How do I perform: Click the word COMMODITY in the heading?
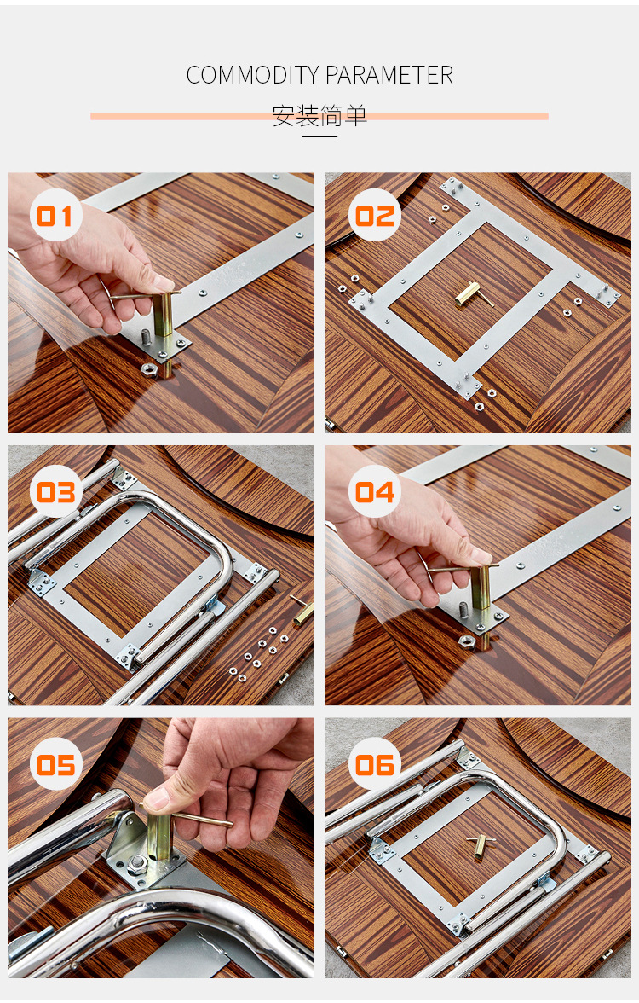click(252, 75)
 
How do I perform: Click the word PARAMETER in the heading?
click(389, 75)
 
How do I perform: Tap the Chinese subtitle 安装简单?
click(319, 116)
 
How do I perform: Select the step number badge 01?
click(55, 216)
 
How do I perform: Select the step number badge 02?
click(375, 216)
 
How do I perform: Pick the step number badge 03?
click(55, 492)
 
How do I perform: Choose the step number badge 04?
click(375, 492)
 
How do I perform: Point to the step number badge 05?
click(55, 764)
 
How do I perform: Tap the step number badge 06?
click(375, 764)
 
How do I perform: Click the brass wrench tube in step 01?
click(162, 315)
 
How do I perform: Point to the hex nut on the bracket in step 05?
click(136, 865)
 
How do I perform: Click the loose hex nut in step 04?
click(467, 641)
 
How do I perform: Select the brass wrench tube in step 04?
click(480, 587)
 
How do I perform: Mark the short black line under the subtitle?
click(319, 136)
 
